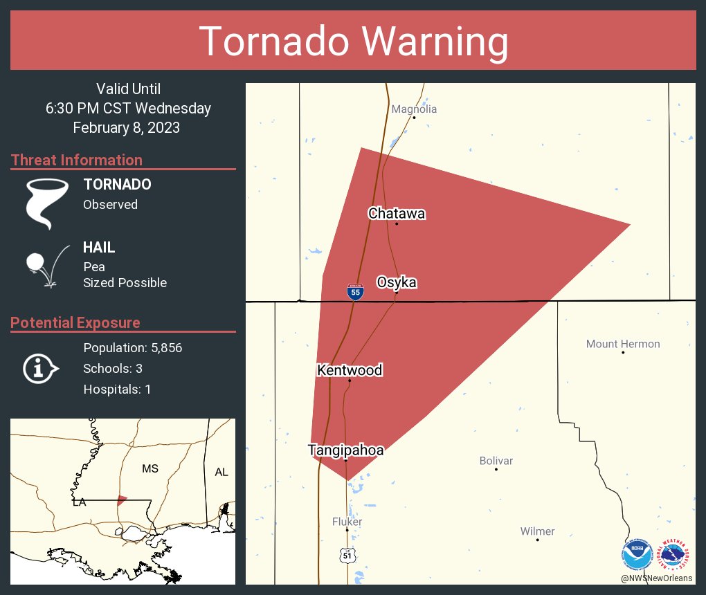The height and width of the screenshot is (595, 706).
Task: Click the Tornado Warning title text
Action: click(353, 42)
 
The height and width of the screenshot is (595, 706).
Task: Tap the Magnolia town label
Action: click(414, 109)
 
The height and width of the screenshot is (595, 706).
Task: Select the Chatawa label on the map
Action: click(397, 214)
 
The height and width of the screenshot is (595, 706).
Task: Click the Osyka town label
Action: click(397, 282)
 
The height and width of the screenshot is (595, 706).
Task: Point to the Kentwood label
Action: click(350, 370)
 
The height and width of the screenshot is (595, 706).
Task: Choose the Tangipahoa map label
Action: click(345, 450)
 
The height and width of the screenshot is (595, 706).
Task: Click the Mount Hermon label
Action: click(623, 344)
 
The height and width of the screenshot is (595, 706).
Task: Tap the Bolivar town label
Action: click(496, 461)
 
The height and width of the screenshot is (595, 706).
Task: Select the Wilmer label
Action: click(537, 531)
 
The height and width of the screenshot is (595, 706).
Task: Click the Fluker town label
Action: click(347, 522)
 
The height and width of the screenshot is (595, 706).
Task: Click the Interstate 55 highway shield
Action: click(355, 292)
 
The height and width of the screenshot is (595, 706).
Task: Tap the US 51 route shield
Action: click(347, 554)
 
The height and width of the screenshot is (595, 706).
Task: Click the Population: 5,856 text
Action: click(132, 348)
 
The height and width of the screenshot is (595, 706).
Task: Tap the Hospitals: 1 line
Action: click(117, 390)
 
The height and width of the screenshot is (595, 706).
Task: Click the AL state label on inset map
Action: click(221, 472)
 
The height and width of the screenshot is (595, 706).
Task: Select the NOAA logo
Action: click(637, 555)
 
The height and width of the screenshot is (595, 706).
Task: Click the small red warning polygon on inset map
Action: click(122, 500)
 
